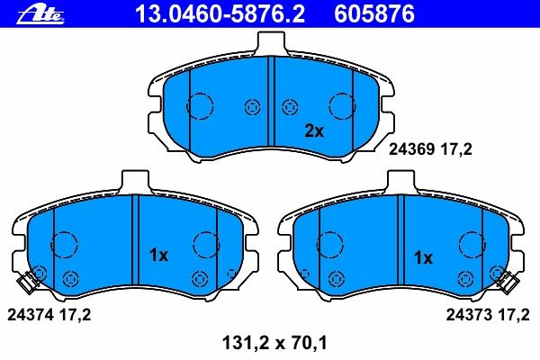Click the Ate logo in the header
[x=40, y=13]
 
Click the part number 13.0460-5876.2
[x=220, y=13]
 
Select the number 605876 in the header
[x=374, y=13]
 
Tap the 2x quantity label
[x=314, y=130]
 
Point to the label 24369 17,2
[x=430, y=149]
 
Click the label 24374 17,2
[x=49, y=314]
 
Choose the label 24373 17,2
[x=488, y=314]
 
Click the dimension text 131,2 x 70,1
[x=274, y=343]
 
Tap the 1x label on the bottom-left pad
[x=158, y=256]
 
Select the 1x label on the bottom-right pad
[x=423, y=257]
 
